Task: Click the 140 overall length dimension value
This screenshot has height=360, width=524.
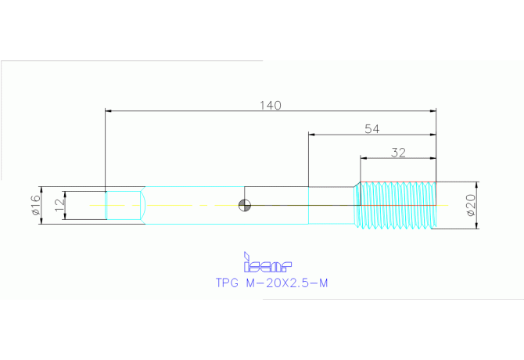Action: point(271,106)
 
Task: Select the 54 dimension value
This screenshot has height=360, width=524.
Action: point(372,129)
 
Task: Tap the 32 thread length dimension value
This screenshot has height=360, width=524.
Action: point(398,153)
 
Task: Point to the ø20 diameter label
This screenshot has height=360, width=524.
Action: point(470,205)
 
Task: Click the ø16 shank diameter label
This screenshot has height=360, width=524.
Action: point(35,205)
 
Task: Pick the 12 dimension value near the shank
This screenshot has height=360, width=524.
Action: point(59,205)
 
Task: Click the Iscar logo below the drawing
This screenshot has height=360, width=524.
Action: point(267,262)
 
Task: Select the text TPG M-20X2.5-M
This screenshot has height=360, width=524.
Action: point(271,283)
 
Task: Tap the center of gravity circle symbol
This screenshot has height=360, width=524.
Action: point(245,205)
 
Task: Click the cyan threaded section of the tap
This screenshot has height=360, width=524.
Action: point(395,205)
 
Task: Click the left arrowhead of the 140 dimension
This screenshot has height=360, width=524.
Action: point(108,110)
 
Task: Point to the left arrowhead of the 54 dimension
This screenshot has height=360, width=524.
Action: point(311,135)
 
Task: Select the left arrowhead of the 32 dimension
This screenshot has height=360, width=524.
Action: point(364,158)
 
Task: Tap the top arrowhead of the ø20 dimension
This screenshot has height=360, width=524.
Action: point(476,185)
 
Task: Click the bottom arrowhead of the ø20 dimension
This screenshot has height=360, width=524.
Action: point(476,226)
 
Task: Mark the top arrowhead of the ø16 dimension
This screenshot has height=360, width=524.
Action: point(41,189)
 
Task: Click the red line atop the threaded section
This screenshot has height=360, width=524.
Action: point(398,182)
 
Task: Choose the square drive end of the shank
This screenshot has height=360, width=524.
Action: point(123,205)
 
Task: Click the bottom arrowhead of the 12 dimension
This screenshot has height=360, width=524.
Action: point(65,217)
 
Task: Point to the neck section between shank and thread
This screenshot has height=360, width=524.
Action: point(331,205)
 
